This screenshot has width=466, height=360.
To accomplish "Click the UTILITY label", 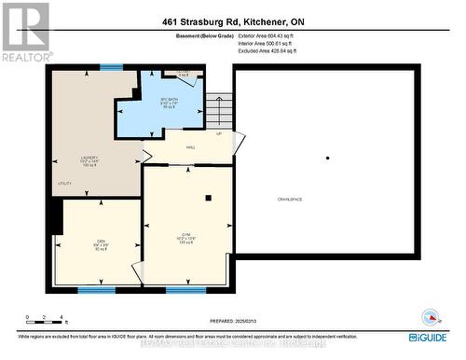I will point(64,184).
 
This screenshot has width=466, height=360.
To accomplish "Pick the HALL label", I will point(190,147).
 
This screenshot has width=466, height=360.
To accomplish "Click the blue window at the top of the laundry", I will point(111,66).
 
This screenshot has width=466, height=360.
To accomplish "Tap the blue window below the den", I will point(96,290).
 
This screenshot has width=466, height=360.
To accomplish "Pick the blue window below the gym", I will point(185,290).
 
